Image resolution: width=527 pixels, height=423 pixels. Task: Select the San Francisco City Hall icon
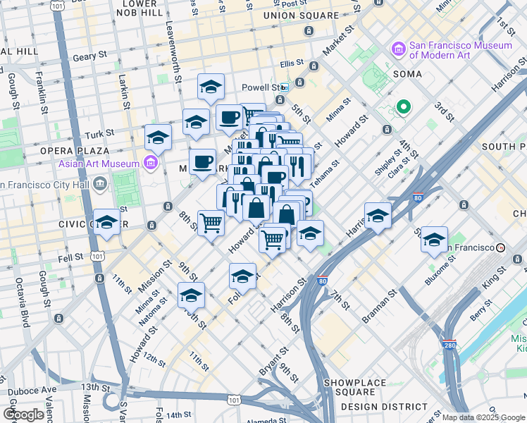pos(99,185)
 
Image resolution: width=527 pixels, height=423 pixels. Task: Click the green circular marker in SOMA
pos(403,107)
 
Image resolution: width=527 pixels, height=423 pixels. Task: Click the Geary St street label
pos(89,54)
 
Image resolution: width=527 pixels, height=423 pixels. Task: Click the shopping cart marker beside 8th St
pos(211,223)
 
